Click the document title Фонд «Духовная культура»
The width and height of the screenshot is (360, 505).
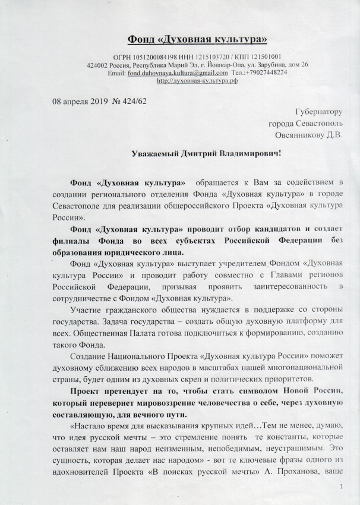tap(198, 40)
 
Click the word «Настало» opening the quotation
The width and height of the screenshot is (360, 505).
tap(87, 425)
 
